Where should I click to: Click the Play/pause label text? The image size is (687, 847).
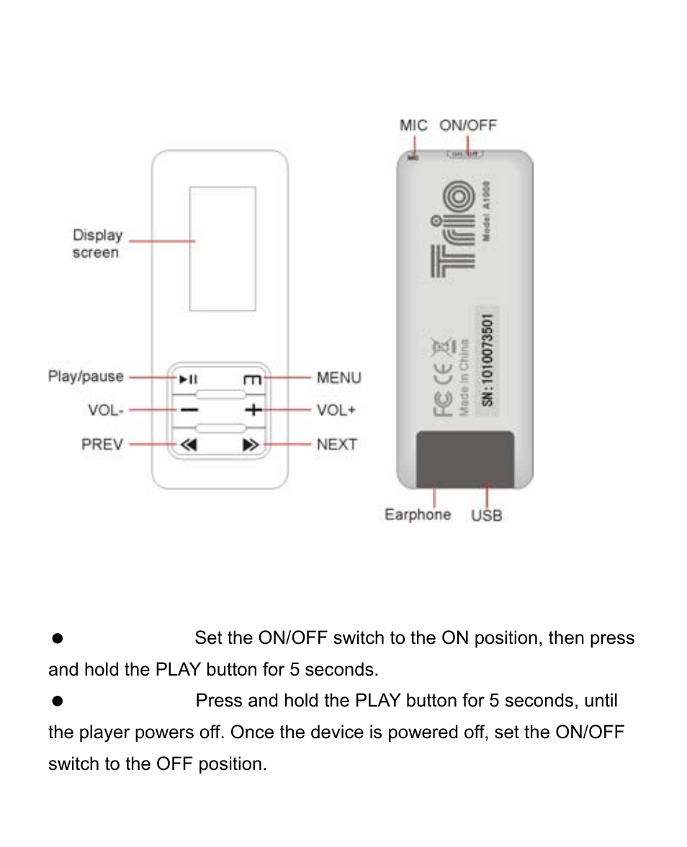(86, 377)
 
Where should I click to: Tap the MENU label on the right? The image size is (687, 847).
(338, 377)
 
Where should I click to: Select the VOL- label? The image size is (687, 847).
(106, 410)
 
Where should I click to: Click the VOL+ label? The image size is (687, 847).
(336, 410)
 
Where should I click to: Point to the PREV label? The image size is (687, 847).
(102, 444)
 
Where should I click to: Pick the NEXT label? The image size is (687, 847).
(336, 444)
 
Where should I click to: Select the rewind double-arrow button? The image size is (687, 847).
(189, 445)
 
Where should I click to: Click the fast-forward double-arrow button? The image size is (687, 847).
(250, 445)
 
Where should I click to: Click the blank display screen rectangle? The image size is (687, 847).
(223, 248)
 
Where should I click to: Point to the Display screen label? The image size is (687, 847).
(97, 243)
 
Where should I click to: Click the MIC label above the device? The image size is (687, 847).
(413, 125)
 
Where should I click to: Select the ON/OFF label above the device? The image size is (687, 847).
(468, 125)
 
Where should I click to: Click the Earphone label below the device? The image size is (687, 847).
(418, 514)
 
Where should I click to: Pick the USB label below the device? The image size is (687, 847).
(486, 516)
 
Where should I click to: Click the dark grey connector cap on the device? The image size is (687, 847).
(465, 459)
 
